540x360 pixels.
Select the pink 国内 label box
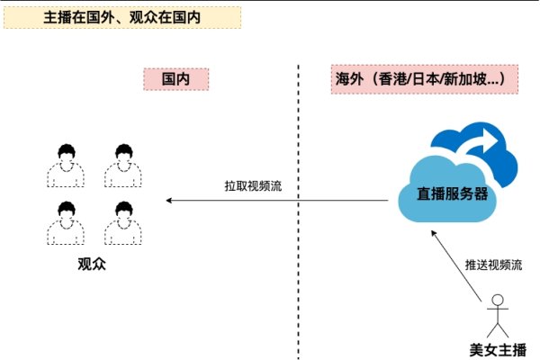(176, 79)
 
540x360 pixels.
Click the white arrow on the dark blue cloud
(485, 142)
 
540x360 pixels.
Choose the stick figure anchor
(498, 316)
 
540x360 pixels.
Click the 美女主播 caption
(498, 350)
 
